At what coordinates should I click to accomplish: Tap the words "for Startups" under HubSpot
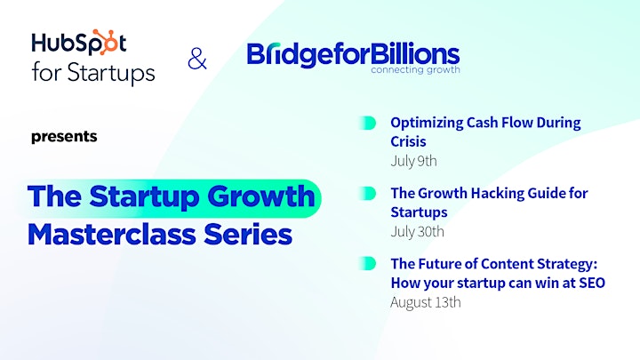pyautogui.click(x=93, y=73)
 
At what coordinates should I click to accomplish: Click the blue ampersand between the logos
pyautogui.click(x=197, y=59)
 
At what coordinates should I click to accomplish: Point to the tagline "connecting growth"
pyautogui.click(x=415, y=70)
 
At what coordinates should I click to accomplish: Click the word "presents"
pyautogui.click(x=64, y=136)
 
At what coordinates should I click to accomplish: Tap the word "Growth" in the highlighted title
pyautogui.click(x=261, y=196)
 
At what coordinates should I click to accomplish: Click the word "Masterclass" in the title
pyautogui.click(x=112, y=235)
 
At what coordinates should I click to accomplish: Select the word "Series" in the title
pyautogui.click(x=248, y=235)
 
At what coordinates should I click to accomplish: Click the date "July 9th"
pyautogui.click(x=413, y=161)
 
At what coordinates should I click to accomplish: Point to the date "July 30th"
pyautogui.click(x=417, y=231)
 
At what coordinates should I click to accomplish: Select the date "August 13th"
pyautogui.click(x=426, y=302)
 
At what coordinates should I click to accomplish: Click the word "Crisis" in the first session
pyautogui.click(x=408, y=141)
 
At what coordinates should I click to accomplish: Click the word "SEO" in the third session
pyautogui.click(x=592, y=283)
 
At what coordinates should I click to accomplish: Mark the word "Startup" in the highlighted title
pyautogui.click(x=145, y=196)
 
